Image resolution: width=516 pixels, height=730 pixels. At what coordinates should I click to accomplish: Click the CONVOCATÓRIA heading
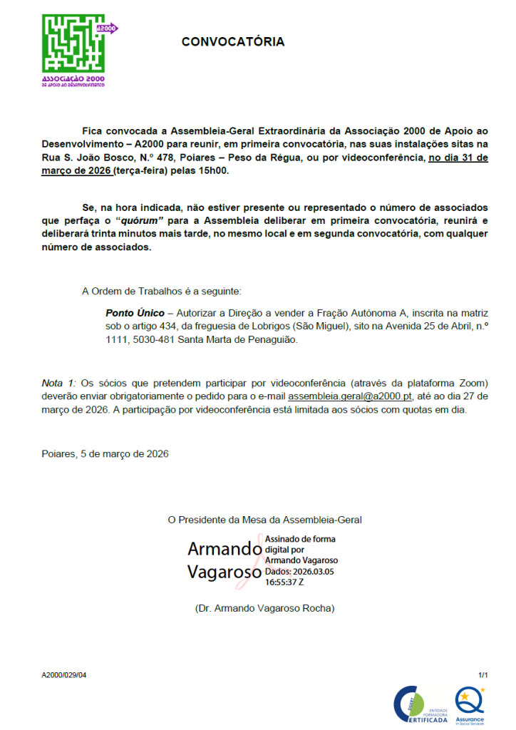(232, 42)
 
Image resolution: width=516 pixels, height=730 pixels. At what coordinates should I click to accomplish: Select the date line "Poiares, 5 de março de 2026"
(105, 453)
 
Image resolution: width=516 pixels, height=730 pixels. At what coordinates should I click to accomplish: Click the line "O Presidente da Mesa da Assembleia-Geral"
(269, 520)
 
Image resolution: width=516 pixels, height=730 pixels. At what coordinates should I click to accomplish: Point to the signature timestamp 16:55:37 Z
(284, 582)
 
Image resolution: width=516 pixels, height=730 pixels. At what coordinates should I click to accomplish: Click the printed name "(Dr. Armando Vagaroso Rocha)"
(264, 609)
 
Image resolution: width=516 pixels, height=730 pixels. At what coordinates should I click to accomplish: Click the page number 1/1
(483, 674)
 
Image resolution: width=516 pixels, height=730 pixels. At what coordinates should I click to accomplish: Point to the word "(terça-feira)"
(142, 172)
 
